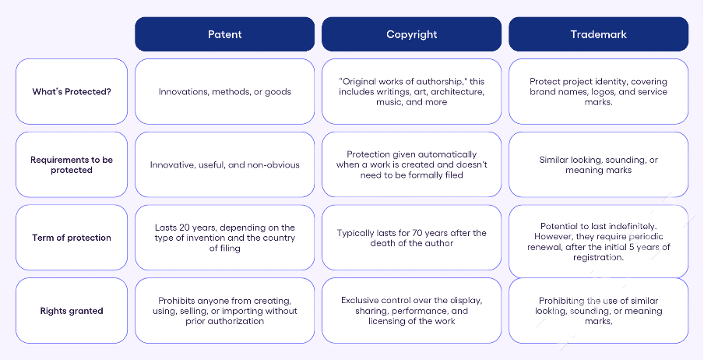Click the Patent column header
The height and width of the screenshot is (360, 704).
tap(224, 34)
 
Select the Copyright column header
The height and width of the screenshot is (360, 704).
tap(411, 34)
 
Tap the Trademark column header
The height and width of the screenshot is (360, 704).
tap(599, 34)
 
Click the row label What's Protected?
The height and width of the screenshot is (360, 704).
tap(72, 92)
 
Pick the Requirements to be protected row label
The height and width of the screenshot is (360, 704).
tap(72, 164)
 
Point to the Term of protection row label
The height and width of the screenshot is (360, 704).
tap(72, 238)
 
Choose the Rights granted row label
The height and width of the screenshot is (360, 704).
tap(72, 311)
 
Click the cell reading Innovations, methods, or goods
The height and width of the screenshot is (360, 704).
tap(224, 92)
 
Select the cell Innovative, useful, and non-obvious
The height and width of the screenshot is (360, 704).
tap(224, 164)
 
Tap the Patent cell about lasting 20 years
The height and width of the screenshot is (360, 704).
tap(224, 238)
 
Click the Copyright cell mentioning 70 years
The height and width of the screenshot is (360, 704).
tap(411, 238)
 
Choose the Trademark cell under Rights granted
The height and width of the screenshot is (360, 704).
tap(599, 311)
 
